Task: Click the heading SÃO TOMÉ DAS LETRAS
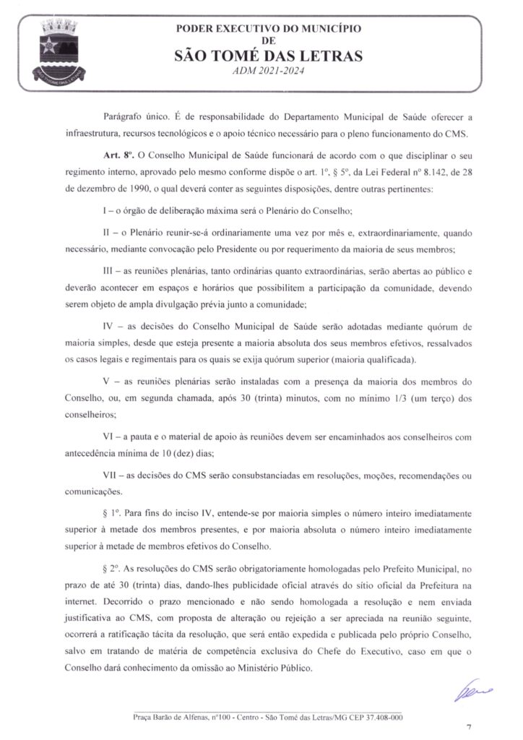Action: point(268,56)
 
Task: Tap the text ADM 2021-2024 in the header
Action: point(268,71)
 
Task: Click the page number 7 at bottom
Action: point(468,726)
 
